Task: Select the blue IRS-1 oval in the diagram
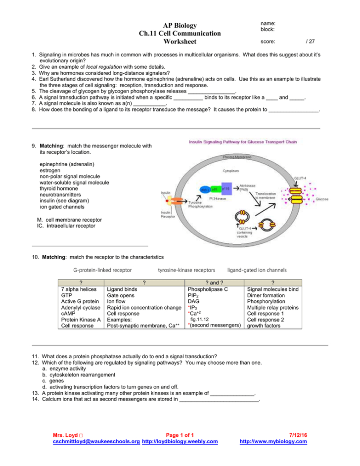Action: [205, 189]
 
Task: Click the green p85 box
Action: [215, 189]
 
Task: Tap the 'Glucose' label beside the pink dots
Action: [322, 199]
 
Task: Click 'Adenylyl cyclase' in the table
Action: [79, 307]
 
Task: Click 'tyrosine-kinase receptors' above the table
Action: [186, 270]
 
